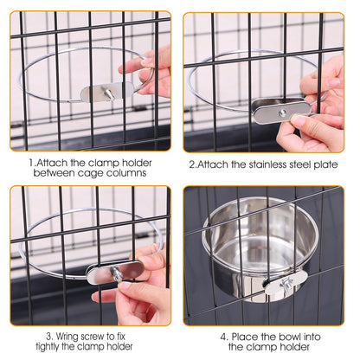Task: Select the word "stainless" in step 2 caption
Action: point(268,161)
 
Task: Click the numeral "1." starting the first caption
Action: point(31,161)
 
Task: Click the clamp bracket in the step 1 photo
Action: point(97,92)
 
